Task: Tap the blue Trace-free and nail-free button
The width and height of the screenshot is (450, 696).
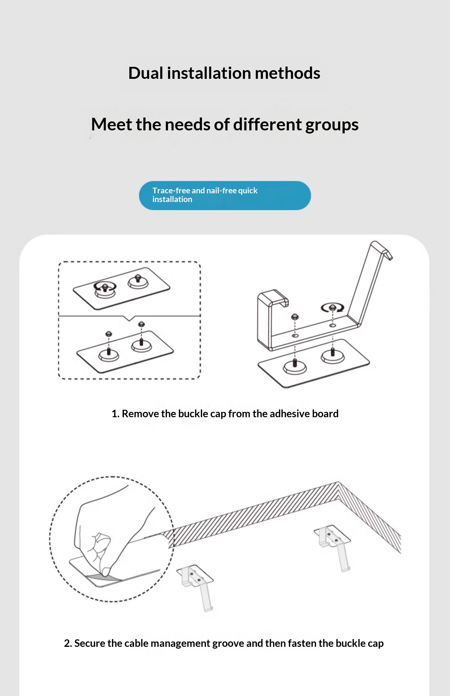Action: click(x=225, y=195)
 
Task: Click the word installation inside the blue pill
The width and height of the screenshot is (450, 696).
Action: click(x=172, y=200)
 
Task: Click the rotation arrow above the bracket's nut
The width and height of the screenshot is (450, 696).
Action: click(x=332, y=308)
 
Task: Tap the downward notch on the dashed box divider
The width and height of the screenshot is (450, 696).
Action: click(x=129, y=318)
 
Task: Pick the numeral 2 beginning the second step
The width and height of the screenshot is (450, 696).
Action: click(x=67, y=644)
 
